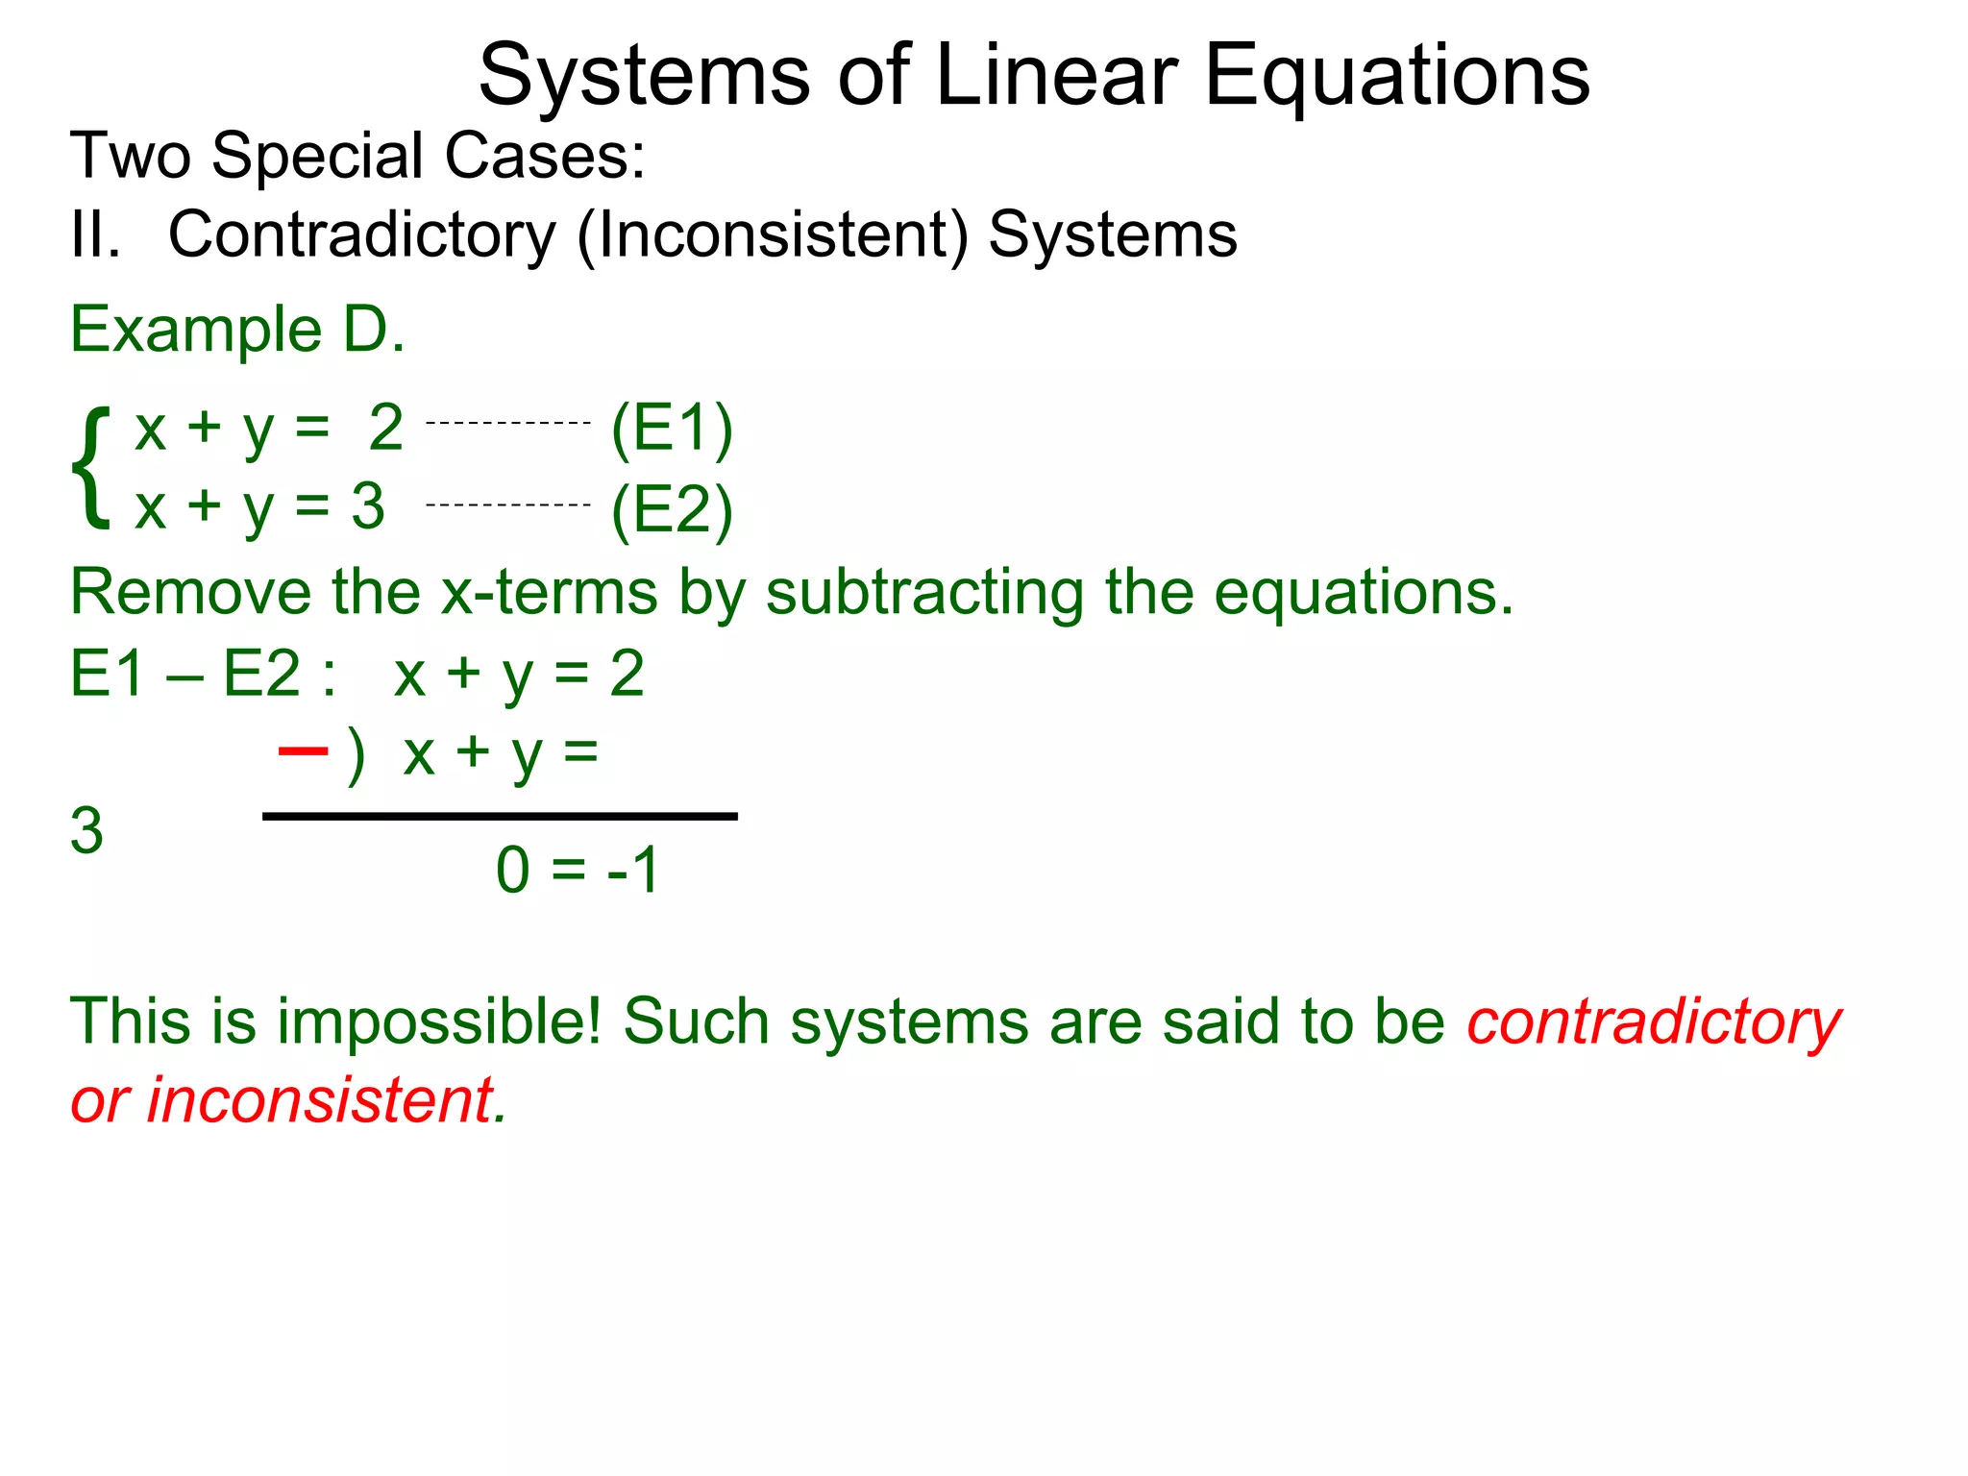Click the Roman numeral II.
pos(95,234)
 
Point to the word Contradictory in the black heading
pos(362,236)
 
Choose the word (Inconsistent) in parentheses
pos(773,236)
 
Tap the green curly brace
pos(90,468)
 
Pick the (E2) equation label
pos(672,510)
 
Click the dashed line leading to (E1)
pos(507,423)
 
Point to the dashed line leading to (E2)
pos(507,504)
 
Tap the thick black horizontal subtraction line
pos(500,816)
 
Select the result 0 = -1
pos(578,870)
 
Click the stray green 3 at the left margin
pos(86,830)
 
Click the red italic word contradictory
pos(1653,1022)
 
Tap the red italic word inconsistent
pos(320,1100)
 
